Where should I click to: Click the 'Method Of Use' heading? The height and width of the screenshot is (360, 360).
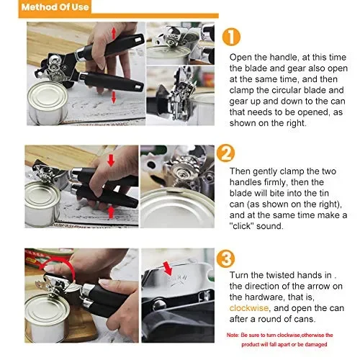(x=55, y=6)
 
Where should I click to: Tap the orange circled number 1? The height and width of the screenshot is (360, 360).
(x=231, y=37)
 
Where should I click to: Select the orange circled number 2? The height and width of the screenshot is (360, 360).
(x=225, y=153)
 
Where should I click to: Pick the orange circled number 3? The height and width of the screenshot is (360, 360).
(x=225, y=258)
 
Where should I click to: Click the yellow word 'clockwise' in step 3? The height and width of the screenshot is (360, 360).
(x=249, y=308)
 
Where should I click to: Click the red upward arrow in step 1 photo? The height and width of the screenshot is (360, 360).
(x=114, y=33)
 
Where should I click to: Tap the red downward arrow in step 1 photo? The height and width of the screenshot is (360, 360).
(x=114, y=97)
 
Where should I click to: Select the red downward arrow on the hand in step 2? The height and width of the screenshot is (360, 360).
(x=111, y=161)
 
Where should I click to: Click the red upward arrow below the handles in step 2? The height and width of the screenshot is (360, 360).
(x=111, y=212)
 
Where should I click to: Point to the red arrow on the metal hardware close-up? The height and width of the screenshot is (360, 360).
(x=168, y=269)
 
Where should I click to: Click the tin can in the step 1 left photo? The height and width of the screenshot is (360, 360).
(x=48, y=103)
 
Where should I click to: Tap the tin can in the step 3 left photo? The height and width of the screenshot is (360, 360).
(x=47, y=318)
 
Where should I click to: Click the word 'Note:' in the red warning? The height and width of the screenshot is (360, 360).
(x=233, y=335)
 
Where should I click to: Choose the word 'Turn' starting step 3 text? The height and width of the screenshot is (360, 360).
(x=239, y=275)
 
